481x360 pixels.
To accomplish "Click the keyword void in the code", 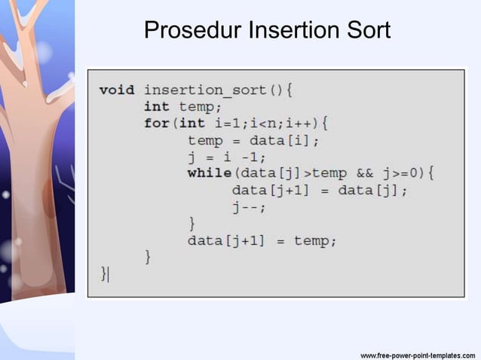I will pyautogui.click(x=117, y=90).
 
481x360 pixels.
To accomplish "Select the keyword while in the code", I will pyautogui.click(x=209, y=173).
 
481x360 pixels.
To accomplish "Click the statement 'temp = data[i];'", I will pyautogui.click(x=253, y=140).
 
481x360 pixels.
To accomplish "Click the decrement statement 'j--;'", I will pyautogui.click(x=249, y=207).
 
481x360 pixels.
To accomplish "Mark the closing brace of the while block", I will pyautogui.click(x=191, y=224).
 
